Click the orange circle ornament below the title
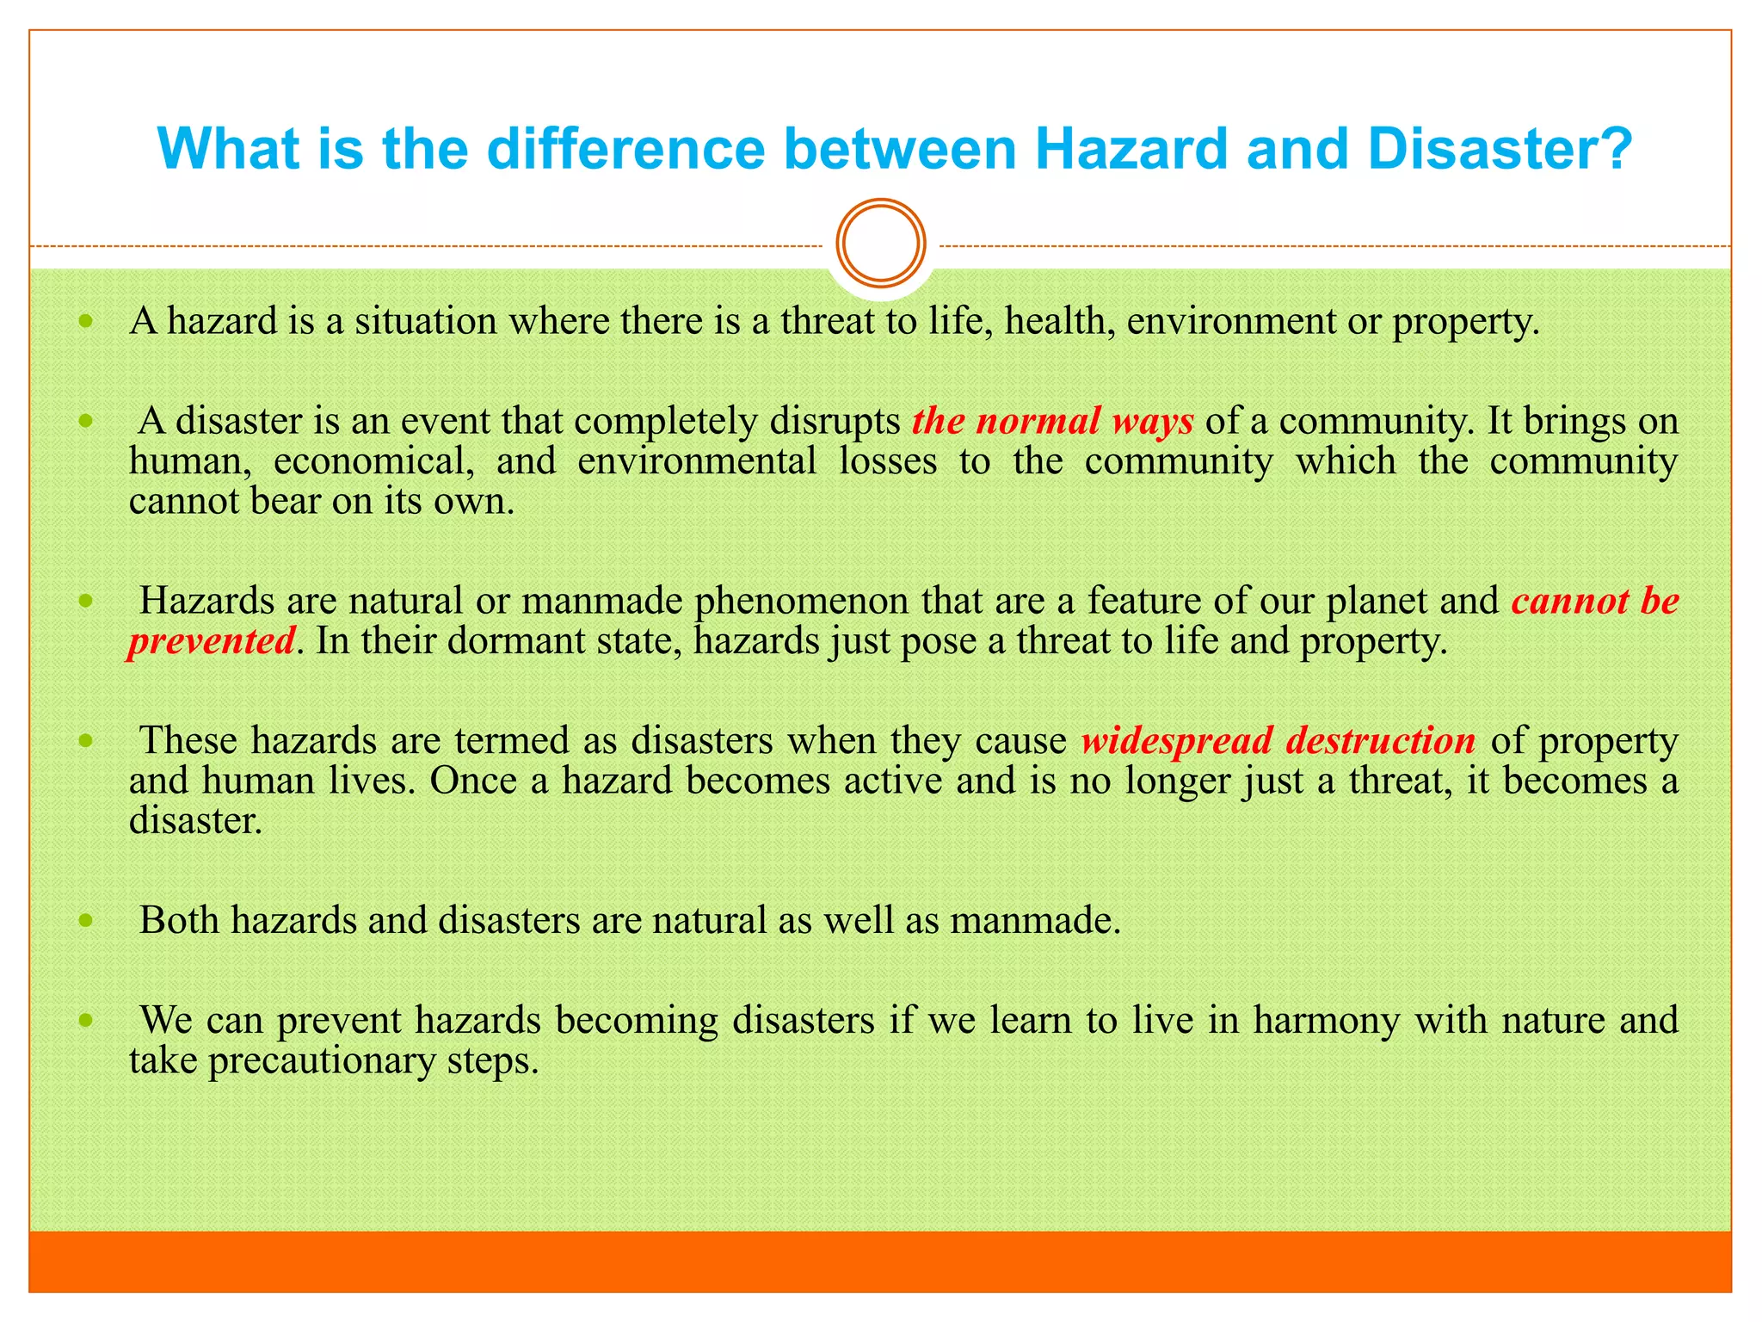coord(881,244)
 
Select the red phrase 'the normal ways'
coord(1052,421)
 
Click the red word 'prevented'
coord(212,641)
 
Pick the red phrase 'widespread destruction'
coord(1278,740)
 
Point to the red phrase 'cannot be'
coord(1595,601)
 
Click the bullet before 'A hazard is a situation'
coord(85,322)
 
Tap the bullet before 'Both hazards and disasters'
coord(85,921)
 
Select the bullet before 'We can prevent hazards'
coord(85,1021)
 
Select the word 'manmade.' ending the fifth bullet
coord(1035,921)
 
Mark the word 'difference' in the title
coord(625,149)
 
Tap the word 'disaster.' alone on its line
coord(195,820)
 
